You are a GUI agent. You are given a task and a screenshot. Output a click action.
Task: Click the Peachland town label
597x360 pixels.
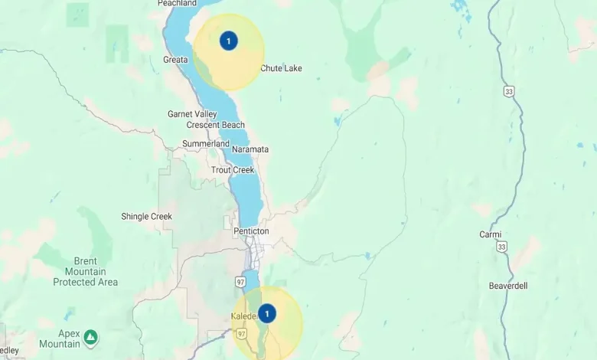[x=177, y=4]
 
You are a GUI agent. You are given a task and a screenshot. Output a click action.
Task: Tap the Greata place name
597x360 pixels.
[x=175, y=60]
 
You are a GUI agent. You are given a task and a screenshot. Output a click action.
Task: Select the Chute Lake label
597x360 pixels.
[x=281, y=68]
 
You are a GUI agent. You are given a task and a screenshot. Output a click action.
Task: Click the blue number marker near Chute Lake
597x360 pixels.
[x=228, y=41]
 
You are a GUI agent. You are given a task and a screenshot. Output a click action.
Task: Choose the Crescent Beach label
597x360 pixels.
[x=216, y=125]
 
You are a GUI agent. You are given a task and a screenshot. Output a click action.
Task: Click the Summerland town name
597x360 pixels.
[x=205, y=144]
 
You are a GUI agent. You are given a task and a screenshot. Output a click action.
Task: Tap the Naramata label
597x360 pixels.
[x=250, y=149]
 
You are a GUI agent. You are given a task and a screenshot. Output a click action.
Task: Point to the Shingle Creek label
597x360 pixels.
[x=146, y=217]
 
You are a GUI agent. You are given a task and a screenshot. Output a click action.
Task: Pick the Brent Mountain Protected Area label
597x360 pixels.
[x=85, y=272]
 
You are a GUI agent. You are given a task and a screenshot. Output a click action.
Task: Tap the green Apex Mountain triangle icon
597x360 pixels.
[x=90, y=336]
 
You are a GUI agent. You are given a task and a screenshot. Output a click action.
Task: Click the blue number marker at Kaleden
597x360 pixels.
[x=266, y=313]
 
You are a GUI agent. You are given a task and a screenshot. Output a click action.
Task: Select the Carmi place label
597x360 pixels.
[x=490, y=234]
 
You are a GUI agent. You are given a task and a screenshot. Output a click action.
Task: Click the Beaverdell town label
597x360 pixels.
[x=507, y=286]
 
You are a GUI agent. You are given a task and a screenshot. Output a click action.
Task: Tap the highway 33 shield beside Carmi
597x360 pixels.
[x=501, y=247]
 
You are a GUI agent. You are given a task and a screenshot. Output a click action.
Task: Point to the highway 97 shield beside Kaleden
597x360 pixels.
[x=242, y=334]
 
